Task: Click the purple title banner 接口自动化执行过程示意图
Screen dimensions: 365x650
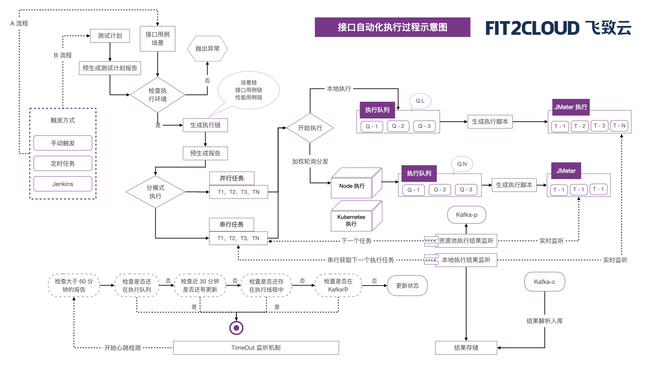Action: point(392,27)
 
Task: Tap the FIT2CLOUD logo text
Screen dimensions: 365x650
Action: point(532,28)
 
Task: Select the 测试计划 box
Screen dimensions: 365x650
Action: point(110,36)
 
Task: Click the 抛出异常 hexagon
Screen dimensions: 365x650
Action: point(207,49)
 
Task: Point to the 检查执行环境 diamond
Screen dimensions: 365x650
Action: point(157,95)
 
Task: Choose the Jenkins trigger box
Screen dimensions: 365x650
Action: point(63,184)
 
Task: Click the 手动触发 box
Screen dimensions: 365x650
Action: point(63,143)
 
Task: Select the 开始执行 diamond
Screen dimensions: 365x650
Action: point(310,128)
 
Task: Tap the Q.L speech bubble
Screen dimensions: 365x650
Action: point(420,101)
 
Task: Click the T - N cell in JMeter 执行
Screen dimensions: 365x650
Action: point(620,126)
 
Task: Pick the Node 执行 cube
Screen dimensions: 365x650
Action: point(352,186)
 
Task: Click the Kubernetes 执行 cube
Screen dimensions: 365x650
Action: point(351,220)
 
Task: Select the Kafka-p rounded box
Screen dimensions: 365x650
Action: point(467,215)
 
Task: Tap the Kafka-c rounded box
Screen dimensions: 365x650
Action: point(544,282)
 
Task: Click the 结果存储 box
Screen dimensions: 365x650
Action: point(466,348)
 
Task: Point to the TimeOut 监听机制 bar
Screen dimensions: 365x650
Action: point(256,348)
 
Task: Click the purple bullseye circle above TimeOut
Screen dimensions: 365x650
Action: point(236,328)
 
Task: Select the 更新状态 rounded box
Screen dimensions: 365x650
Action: point(407,286)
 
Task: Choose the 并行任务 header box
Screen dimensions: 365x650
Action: point(232,178)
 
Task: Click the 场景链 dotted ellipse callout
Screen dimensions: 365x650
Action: point(248,90)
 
